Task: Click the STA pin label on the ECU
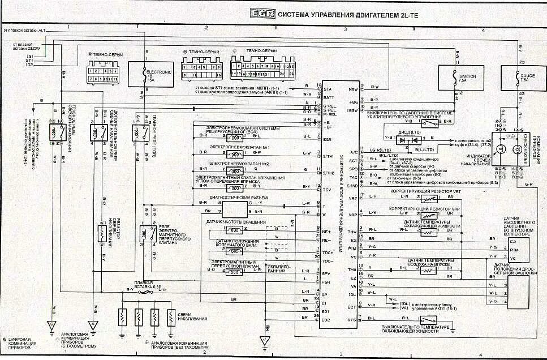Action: tap(327, 89)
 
